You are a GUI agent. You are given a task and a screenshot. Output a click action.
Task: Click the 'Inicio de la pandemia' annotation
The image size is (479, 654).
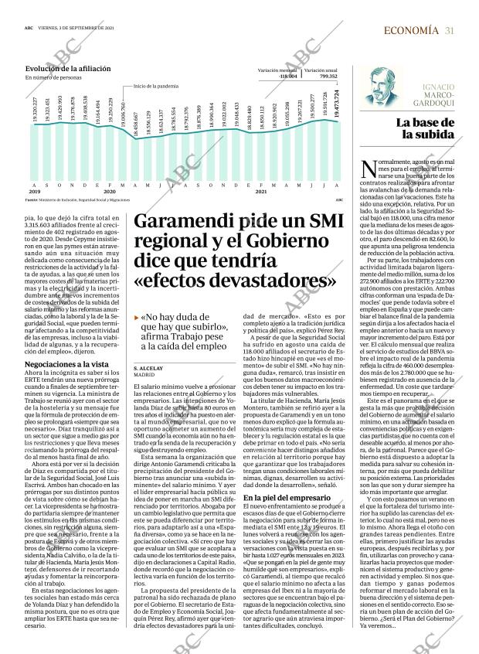click(156, 86)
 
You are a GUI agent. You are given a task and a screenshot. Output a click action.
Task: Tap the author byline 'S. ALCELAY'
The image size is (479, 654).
click(148, 346)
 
